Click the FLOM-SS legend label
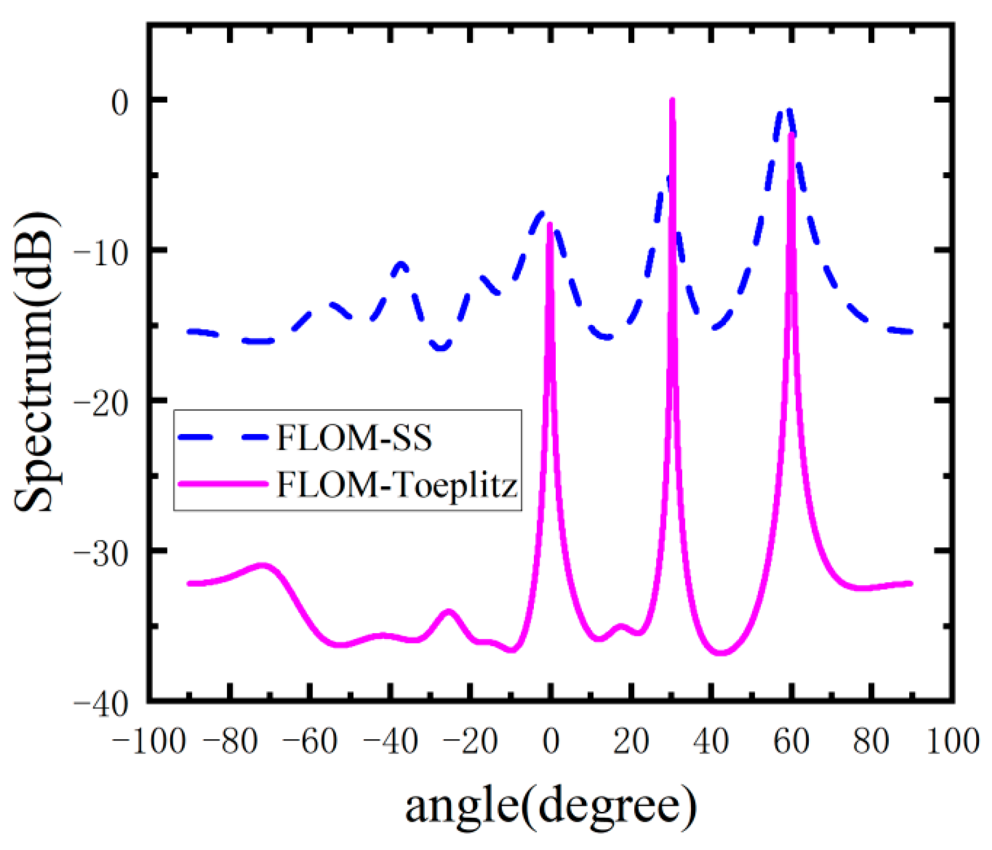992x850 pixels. point(354,438)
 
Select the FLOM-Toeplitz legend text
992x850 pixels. point(397,484)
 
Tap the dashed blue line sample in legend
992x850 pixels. point(223,437)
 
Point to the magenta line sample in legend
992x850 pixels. point(223,484)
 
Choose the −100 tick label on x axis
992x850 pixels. point(149,742)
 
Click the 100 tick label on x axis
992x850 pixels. point(953,742)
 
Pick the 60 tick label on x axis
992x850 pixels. point(791,742)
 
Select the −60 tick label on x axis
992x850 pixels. point(309,742)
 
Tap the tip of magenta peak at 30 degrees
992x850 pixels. point(672,100)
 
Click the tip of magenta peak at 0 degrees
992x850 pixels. point(550,224)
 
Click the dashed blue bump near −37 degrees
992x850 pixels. point(402,264)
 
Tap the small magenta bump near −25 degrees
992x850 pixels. point(449,612)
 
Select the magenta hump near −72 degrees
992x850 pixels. point(263,565)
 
